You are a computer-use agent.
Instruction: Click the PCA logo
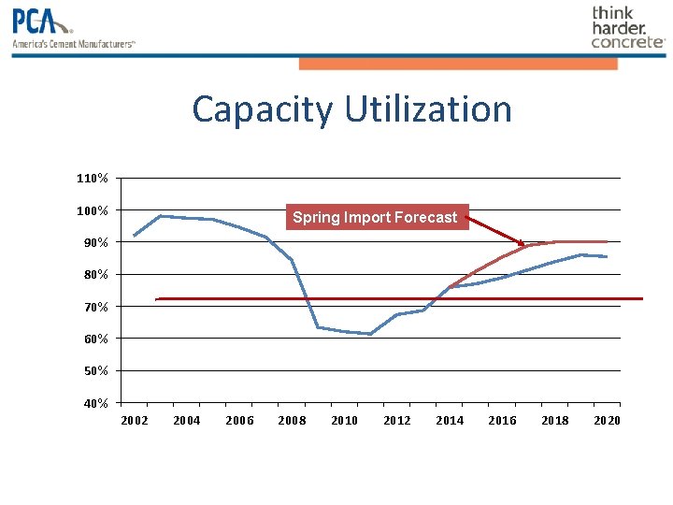click(x=73, y=27)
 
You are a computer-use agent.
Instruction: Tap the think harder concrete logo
click(x=627, y=27)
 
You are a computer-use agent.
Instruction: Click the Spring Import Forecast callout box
click(x=376, y=217)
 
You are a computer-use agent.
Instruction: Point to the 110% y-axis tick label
click(x=93, y=178)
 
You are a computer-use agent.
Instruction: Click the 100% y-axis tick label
click(x=93, y=210)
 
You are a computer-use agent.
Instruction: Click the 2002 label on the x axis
click(x=135, y=421)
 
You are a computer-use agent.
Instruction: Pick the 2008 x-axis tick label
click(x=292, y=421)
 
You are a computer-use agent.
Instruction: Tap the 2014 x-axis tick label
click(x=450, y=421)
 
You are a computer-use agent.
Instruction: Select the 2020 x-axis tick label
click(x=608, y=421)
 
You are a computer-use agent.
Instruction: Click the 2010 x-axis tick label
click(x=345, y=421)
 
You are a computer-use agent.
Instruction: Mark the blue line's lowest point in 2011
click(x=371, y=334)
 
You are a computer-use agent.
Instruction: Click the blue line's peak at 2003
click(x=161, y=216)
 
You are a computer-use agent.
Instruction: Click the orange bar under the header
click(x=458, y=64)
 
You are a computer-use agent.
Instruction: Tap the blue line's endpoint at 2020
click(x=608, y=256)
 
